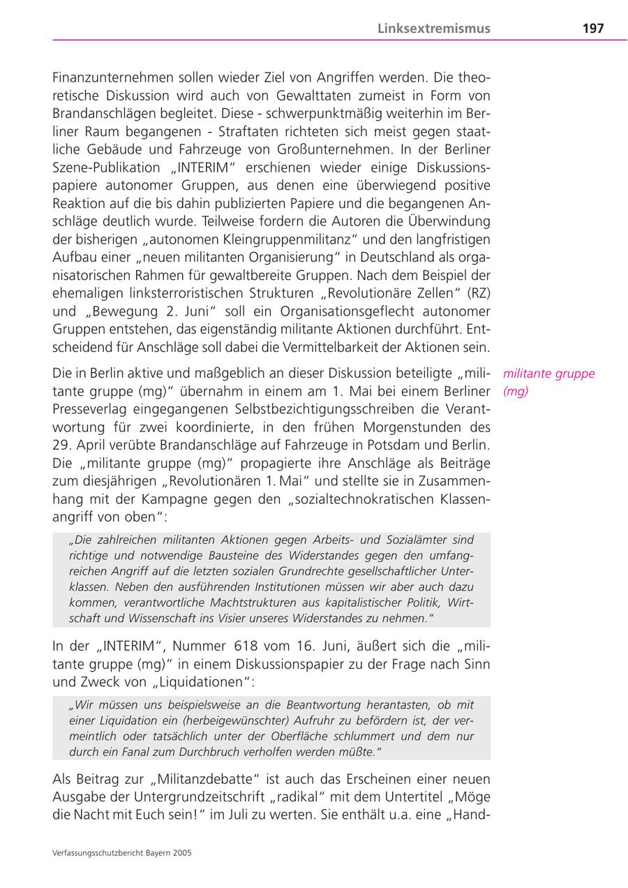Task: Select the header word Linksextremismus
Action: click(x=434, y=29)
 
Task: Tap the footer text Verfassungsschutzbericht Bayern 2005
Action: click(x=122, y=852)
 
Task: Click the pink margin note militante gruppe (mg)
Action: click(x=548, y=382)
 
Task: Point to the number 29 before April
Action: click(x=61, y=445)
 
